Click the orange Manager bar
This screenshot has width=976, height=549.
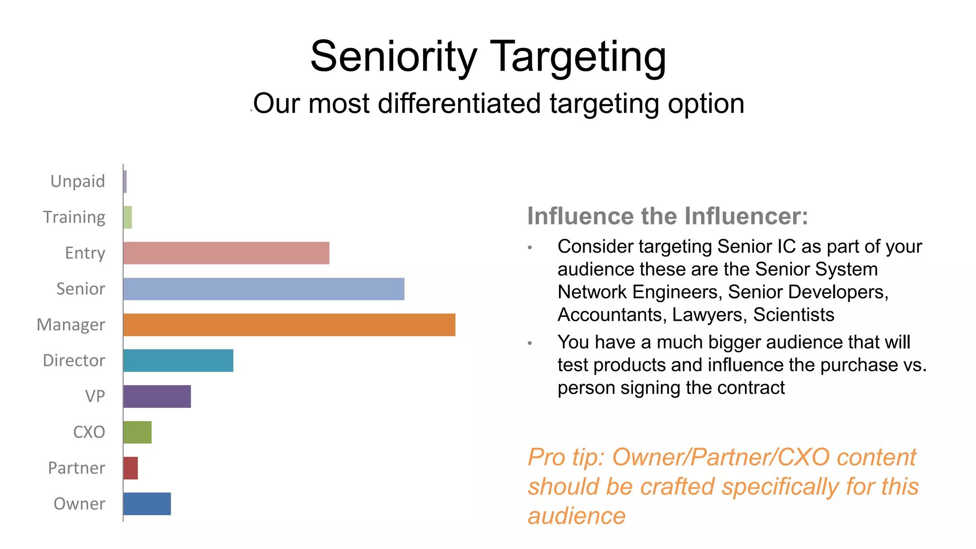(289, 325)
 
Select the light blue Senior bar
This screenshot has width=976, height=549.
(264, 289)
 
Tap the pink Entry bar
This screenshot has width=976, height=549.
(226, 253)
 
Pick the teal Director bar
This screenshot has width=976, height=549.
(178, 360)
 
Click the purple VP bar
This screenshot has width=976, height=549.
(157, 396)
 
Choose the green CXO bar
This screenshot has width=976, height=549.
(137, 432)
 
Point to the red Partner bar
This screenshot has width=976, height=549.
(131, 468)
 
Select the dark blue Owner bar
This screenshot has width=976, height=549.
(147, 504)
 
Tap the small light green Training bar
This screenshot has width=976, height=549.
(128, 217)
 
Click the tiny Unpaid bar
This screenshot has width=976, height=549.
(125, 182)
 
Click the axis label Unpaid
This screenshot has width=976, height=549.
(78, 182)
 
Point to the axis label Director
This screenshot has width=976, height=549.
(74, 360)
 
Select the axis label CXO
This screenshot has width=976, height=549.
(89, 432)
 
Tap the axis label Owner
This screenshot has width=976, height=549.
(79, 504)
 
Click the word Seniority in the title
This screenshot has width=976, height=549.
(393, 57)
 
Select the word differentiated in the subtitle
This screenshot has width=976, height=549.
(459, 103)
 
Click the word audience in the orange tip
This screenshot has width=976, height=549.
(576, 516)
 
